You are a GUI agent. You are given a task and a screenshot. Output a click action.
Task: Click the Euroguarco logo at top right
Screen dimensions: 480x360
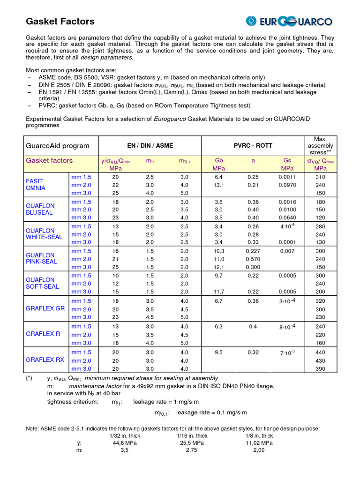[x=289, y=21]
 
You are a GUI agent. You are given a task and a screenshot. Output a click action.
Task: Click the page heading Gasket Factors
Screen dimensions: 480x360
[x=60, y=22]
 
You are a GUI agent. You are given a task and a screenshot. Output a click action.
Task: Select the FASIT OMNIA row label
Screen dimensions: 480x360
[x=36, y=185]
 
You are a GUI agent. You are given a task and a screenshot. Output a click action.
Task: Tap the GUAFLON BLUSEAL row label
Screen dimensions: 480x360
[x=40, y=209]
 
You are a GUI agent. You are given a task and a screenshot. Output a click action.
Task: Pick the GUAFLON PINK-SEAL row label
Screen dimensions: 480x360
[x=42, y=258]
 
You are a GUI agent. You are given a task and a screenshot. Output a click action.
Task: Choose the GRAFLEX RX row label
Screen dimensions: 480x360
[x=45, y=360]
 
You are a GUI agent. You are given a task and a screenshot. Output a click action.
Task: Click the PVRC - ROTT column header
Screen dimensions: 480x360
[x=253, y=146]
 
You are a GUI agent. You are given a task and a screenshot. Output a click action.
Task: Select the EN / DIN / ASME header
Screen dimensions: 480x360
[x=150, y=146]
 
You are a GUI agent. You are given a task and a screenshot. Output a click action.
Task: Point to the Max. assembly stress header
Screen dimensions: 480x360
[x=321, y=146]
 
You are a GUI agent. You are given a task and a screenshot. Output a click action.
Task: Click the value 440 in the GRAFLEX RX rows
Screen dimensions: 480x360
[x=321, y=352]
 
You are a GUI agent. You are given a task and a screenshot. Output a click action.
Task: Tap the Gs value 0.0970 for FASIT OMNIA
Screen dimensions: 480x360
[x=287, y=185]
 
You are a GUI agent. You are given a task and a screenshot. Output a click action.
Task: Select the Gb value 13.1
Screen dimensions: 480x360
[x=218, y=185]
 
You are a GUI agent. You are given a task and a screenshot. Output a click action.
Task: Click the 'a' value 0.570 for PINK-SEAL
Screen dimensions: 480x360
[x=253, y=259]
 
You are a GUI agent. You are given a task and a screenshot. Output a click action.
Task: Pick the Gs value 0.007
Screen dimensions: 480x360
[x=287, y=251]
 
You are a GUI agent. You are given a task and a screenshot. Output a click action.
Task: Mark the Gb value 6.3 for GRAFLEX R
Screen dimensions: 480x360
[x=218, y=327]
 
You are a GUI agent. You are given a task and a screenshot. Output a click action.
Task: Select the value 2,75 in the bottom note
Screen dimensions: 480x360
[x=192, y=450]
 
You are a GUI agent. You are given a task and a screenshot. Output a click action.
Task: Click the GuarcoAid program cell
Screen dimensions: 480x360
[x=58, y=146]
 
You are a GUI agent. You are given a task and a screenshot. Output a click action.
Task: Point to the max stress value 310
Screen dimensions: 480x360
[x=321, y=177]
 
